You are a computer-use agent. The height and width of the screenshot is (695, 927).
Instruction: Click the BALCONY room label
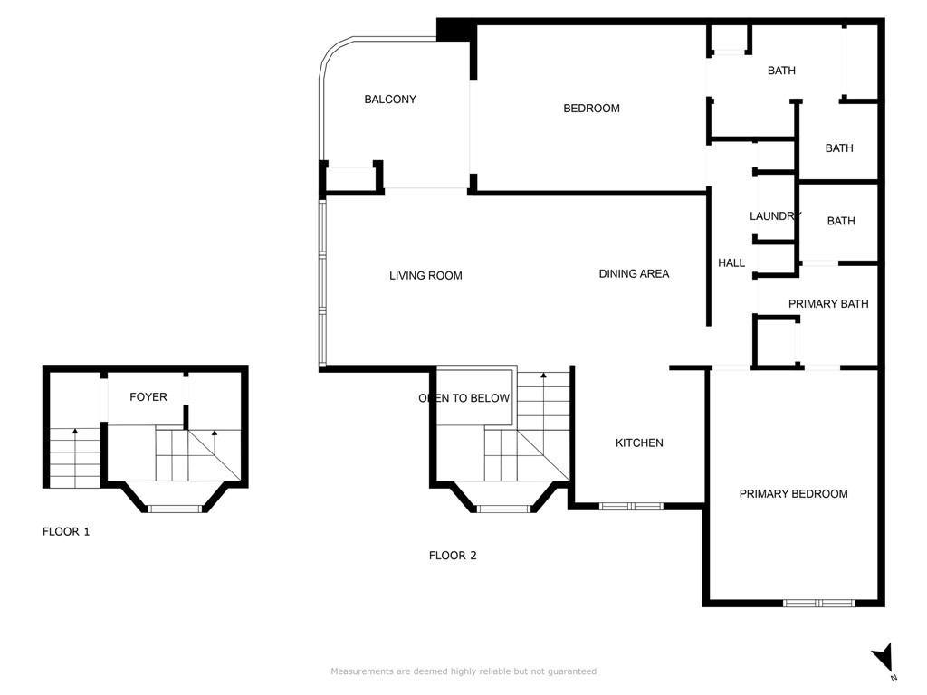coord(390,100)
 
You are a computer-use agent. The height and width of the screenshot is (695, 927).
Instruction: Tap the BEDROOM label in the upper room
coord(591,109)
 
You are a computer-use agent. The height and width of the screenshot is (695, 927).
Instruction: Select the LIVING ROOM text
coord(425,275)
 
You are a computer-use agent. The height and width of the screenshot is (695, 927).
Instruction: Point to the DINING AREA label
coord(634,273)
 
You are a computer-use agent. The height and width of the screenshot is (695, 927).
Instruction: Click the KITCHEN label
coord(639,443)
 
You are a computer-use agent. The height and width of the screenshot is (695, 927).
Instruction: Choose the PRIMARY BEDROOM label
coord(793,493)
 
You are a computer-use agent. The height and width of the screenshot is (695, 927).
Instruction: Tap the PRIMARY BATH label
coord(828,304)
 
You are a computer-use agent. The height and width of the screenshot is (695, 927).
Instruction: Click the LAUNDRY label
coord(776,215)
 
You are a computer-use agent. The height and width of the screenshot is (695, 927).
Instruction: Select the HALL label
coord(731,263)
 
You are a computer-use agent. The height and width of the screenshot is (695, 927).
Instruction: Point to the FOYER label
coord(148,397)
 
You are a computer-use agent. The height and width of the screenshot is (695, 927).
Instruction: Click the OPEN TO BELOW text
coord(464,398)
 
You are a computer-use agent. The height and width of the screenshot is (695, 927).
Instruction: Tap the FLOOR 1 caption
coord(66,532)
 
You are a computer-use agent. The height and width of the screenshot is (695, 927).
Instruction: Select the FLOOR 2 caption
coord(453,556)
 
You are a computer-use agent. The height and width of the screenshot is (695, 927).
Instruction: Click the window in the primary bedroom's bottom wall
coord(818,604)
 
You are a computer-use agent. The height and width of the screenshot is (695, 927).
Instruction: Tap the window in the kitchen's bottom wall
coord(631,507)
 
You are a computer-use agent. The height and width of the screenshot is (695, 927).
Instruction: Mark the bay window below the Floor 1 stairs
coord(174,509)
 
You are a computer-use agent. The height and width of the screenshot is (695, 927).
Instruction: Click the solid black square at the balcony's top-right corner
coord(456,30)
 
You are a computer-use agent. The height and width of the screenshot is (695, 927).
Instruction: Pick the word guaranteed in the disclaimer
coord(572,671)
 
